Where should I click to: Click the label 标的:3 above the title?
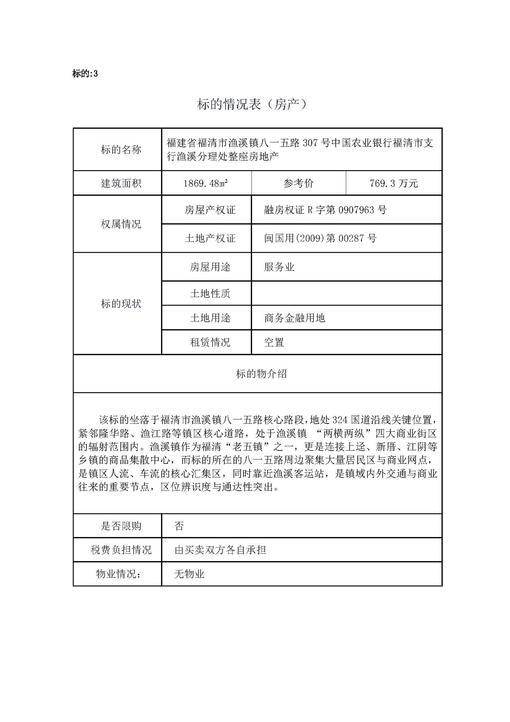[85, 74]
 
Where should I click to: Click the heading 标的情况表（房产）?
[252, 104]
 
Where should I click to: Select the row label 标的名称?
[121, 149]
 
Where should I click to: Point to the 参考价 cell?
[298, 183]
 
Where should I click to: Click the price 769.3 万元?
[393, 183]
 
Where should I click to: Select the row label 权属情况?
[121, 224]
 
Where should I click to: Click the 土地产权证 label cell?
[210, 238]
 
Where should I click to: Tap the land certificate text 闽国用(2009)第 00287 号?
[320, 238]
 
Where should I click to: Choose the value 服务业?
[279, 267]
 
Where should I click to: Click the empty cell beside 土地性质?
[346, 293]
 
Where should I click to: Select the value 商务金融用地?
[295, 318]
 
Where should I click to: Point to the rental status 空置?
[274, 342]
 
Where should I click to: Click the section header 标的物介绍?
[261, 374]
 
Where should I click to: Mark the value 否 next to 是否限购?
[179, 526]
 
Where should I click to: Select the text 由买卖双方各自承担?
[220, 550]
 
